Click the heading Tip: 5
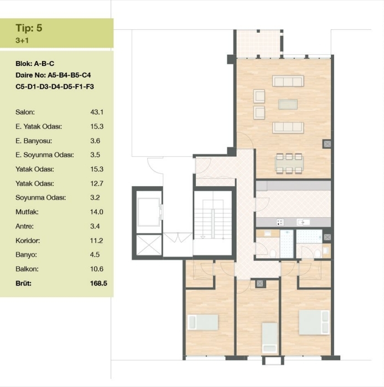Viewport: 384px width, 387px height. pyautogui.click(x=29, y=28)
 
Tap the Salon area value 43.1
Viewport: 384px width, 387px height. pyautogui.click(x=97, y=112)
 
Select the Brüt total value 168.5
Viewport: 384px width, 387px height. pyautogui.click(x=98, y=283)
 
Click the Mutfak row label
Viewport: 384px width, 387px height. pyautogui.click(x=27, y=212)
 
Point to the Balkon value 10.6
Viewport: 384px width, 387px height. pyautogui.click(x=97, y=269)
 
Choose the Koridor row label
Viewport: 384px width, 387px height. pyautogui.click(x=28, y=241)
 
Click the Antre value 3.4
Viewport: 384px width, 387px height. pyautogui.click(x=95, y=226)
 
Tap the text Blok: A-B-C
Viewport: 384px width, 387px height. pyautogui.click(x=35, y=64)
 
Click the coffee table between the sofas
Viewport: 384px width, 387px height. pyautogui.click(x=288, y=104)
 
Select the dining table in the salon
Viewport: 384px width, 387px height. pyautogui.click(x=289, y=164)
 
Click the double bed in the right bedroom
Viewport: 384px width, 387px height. pyautogui.click(x=314, y=322)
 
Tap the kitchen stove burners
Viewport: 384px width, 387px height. pyautogui.click(x=280, y=222)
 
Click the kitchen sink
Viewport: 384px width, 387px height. pyautogui.click(x=303, y=222)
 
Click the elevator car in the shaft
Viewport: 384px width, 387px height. pyautogui.click(x=148, y=212)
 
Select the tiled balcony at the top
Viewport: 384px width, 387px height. pyautogui.click(x=258, y=44)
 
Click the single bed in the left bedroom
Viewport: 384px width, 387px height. pyautogui.click(x=203, y=322)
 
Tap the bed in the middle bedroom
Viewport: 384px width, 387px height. pyautogui.click(x=269, y=338)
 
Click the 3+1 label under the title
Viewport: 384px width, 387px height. pyautogui.click(x=22, y=40)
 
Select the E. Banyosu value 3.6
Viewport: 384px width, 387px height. pyautogui.click(x=95, y=141)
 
